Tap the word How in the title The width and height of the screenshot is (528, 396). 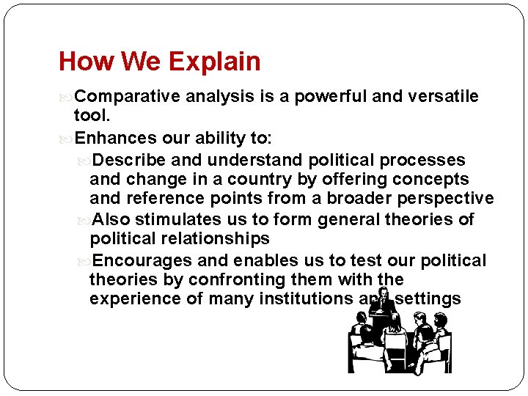(81, 61)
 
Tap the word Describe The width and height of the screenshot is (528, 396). (130, 160)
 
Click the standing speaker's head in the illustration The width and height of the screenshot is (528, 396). (382, 294)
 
